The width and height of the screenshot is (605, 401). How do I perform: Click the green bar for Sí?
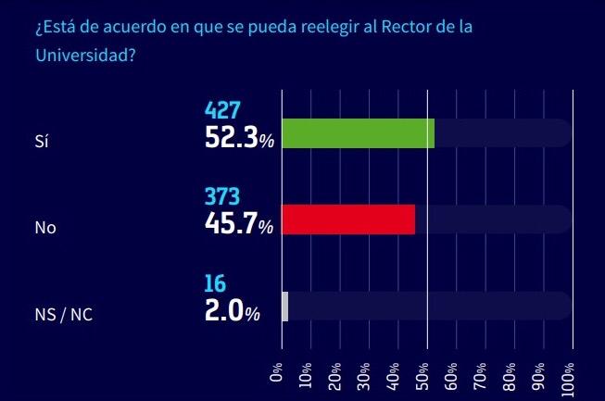click(x=358, y=133)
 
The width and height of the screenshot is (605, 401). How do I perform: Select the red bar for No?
click(x=348, y=219)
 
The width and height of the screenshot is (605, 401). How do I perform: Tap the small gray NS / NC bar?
click(x=285, y=307)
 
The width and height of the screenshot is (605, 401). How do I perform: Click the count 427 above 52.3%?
click(x=222, y=110)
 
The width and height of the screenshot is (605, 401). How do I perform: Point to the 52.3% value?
click(x=239, y=138)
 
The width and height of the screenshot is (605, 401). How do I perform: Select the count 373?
click(x=222, y=196)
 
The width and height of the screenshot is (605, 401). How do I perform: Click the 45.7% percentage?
click(x=239, y=223)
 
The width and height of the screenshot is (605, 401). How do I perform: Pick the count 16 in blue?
click(x=215, y=283)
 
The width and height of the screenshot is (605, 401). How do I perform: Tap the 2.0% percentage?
click(x=233, y=310)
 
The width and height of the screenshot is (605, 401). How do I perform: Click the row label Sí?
click(x=42, y=141)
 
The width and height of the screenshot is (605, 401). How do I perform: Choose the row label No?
click(x=45, y=228)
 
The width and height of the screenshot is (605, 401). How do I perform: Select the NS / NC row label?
click(x=64, y=315)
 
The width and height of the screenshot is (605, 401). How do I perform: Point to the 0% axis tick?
click(x=277, y=371)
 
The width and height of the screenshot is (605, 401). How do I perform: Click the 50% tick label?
click(x=422, y=376)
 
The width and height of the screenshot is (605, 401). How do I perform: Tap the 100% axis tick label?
click(x=568, y=380)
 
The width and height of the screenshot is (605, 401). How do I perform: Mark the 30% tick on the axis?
click(x=364, y=376)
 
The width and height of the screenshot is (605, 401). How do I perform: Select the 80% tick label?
click(x=510, y=376)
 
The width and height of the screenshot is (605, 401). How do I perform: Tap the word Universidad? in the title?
click(x=85, y=55)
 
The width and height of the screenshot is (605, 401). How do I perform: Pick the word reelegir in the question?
click(x=330, y=28)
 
